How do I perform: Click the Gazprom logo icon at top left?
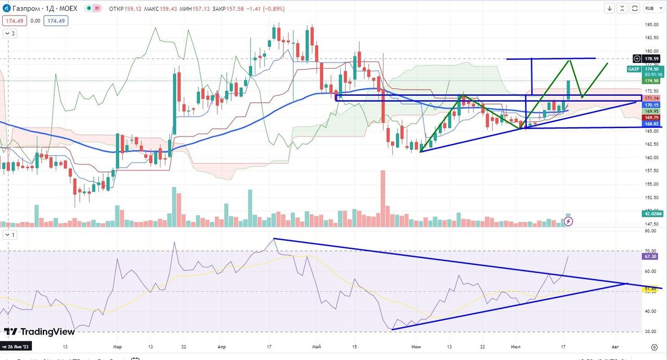tap(6, 8)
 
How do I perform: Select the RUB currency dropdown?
tap(649, 8)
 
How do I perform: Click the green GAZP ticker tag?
tap(634, 69)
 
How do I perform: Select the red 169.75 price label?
tap(652, 118)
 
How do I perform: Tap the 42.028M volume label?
tap(652, 214)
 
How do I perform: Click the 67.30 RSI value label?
tap(652, 256)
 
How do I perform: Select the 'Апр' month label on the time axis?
tap(221, 346)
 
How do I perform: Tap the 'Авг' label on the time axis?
tap(615, 346)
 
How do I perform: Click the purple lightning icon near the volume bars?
tap(569, 221)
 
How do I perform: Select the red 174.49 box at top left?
tap(13, 21)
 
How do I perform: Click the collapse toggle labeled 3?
tap(10, 33)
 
